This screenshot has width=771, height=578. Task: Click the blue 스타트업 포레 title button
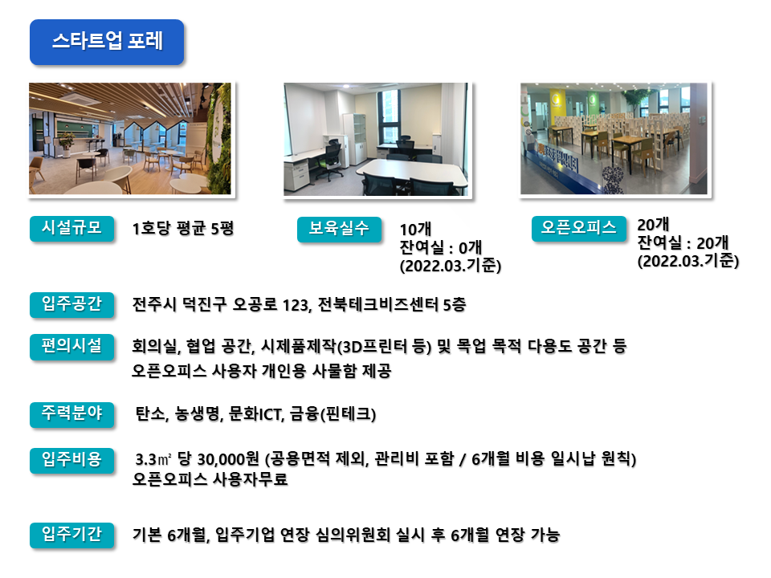coord(107,42)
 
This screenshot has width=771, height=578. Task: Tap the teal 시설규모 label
coord(71,229)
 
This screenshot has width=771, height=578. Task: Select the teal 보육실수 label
coord(339,229)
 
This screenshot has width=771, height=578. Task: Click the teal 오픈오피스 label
coord(579,229)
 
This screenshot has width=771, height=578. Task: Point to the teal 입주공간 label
coord(71,305)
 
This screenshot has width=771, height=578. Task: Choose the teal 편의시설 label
coord(71,347)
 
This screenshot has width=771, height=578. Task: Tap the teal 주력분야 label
coord(71,414)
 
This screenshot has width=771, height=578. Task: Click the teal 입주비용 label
coord(71,461)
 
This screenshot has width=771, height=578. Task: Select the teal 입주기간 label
coord(71,535)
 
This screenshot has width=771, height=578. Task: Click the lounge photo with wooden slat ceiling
coord(130,139)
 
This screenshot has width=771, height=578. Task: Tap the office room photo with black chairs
coord(376,139)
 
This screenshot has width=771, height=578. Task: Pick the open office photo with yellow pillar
coord(614,139)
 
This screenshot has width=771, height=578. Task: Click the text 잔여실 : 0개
coord(441,247)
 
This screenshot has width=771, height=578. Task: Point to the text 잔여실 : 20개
coord(683,242)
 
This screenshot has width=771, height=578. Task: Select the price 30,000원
coord(227,459)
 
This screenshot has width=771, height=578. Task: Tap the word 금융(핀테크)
coord(332,414)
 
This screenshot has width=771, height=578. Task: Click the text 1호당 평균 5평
coord(183,229)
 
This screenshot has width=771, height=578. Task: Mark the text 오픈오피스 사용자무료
coord(210,480)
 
